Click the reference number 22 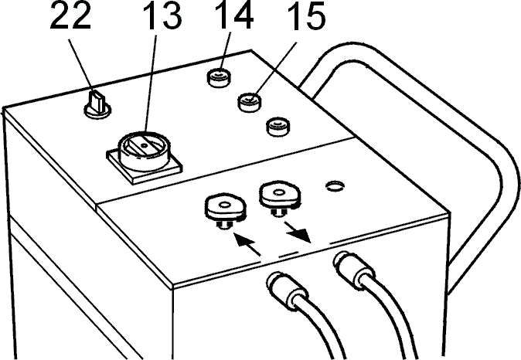70,16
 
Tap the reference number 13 162,16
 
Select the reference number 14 234,16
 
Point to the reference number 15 306,16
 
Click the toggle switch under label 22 97,105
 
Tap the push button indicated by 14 219,78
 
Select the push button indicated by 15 249,103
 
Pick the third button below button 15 278,127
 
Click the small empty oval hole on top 335,185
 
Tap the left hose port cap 226,209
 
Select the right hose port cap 281,195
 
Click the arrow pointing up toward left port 247,244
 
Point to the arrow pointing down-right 297,232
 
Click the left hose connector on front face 287,288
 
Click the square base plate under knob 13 145,165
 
